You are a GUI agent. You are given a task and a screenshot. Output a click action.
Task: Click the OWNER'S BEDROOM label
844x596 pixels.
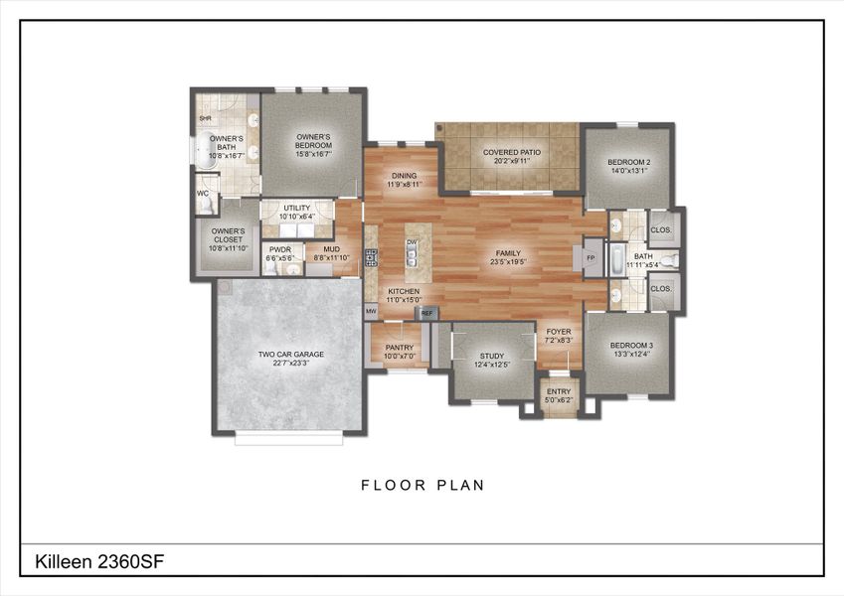tap(312, 140)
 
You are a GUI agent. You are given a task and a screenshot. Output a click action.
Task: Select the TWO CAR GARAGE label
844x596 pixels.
tap(291, 354)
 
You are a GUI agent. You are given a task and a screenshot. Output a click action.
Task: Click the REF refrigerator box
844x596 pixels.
tap(427, 313)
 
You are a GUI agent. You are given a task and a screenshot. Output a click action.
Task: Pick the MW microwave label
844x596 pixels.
tap(371, 312)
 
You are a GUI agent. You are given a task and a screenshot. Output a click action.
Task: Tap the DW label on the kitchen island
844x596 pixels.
tap(411, 242)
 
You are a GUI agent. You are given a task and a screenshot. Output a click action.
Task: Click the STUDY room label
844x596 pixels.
tap(492, 355)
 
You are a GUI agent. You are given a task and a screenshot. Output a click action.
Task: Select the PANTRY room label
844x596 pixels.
tap(399, 348)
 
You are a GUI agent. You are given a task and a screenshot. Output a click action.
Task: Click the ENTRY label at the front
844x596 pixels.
tap(559, 391)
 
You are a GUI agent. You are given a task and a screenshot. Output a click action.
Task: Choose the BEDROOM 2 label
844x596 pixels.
tap(628, 162)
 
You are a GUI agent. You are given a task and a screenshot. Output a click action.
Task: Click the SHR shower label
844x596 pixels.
tap(205, 118)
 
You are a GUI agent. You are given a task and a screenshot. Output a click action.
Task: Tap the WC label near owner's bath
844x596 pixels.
tap(203, 194)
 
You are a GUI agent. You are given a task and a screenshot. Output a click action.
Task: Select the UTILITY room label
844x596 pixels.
tap(296, 208)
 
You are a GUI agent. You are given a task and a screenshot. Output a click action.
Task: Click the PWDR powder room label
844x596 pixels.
tap(279, 250)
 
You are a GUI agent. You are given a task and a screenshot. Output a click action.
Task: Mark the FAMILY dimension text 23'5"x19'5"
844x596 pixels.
tap(508, 262)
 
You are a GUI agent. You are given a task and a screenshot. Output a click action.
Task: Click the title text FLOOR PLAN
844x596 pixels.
tap(422, 486)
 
